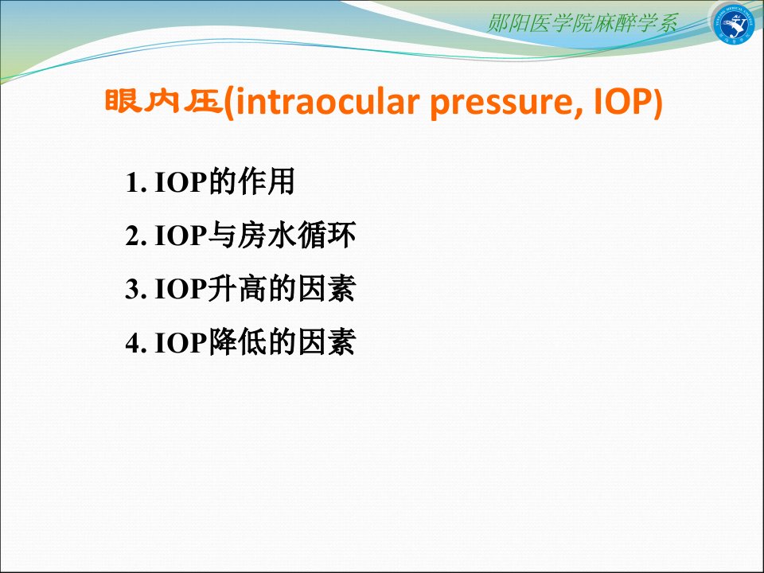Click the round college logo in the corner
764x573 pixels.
click(733, 23)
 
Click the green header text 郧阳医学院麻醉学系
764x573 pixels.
click(582, 23)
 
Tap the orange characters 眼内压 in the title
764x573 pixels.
click(164, 101)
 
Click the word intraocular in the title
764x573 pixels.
click(327, 103)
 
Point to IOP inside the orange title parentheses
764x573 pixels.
click(622, 102)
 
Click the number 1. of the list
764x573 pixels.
click(136, 182)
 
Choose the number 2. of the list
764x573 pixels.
click(136, 236)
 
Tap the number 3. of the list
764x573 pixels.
click(136, 289)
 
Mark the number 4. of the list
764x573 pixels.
click(136, 342)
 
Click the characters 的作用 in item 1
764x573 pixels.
click(251, 181)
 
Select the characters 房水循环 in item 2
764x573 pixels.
click(297, 235)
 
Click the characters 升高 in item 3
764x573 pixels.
click(238, 288)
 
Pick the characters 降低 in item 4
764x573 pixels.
click(238, 342)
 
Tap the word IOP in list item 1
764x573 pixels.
click(181, 182)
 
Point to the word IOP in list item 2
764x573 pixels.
click(181, 236)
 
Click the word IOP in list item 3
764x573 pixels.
click(181, 289)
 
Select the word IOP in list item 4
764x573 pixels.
click(181, 342)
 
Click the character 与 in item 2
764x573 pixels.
click(223, 235)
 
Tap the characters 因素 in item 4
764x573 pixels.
click(326, 342)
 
